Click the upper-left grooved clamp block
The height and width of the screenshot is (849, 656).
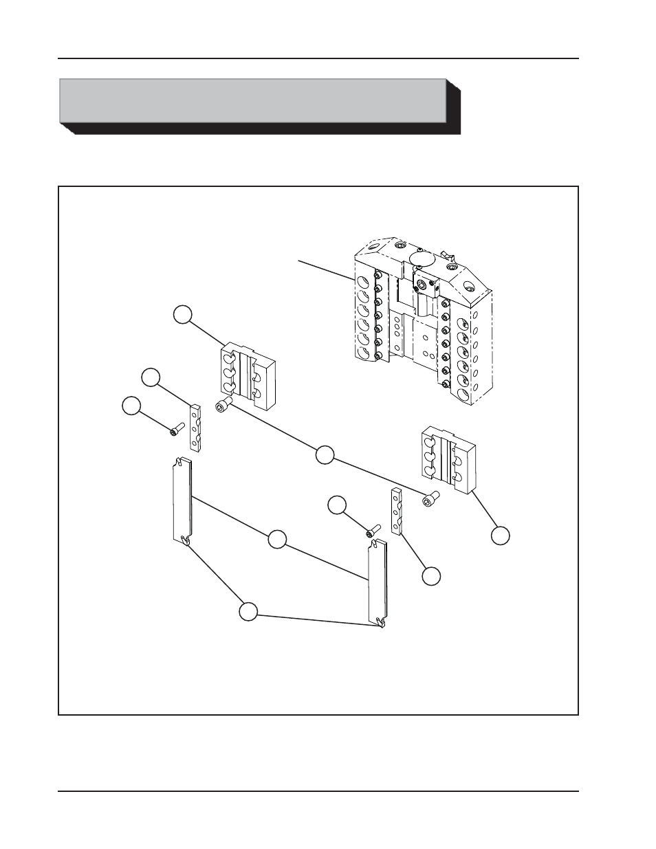coord(246,372)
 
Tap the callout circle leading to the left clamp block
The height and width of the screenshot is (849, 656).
coord(182,314)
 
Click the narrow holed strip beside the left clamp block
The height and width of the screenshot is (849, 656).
coord(196,428)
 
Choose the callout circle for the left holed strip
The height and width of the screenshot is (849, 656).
coord(151,377)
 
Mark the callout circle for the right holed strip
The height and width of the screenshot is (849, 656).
coord(431,576)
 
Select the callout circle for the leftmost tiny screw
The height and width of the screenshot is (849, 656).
coord(131,406)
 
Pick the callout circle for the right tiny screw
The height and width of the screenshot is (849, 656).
coord(336,505)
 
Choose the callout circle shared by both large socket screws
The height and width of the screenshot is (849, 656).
coord(325,454)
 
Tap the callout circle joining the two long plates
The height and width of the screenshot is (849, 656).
coord(276,540)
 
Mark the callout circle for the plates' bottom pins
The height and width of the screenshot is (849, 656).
coord(248,611)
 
